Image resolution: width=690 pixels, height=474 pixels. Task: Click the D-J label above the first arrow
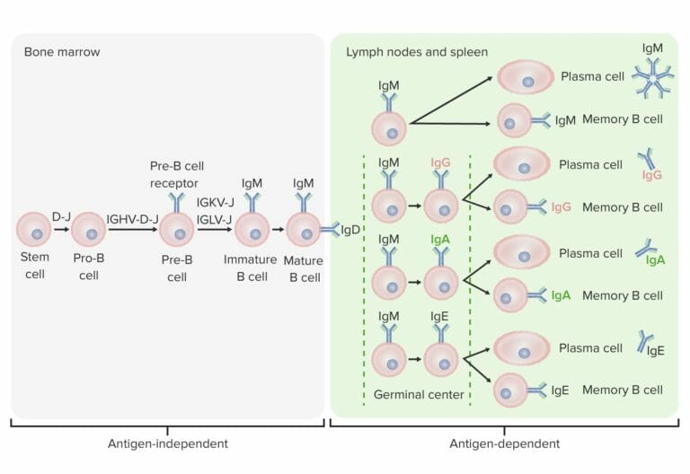tap(61, 216)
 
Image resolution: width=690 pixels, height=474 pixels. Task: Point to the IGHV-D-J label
tap(132, 217)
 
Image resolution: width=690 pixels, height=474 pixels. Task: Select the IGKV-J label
tap(216, 203)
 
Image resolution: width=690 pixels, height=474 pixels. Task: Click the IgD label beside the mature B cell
tap(350, 231)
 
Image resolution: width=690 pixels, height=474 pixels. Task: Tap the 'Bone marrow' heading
tap(61, 52)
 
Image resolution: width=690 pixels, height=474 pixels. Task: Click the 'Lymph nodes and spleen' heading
tap(417, 52)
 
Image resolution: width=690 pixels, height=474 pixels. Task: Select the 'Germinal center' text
tap(417, 394)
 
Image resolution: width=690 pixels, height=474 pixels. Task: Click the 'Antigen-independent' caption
tap(166, 443)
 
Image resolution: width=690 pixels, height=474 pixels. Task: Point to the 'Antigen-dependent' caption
tap(505, 443)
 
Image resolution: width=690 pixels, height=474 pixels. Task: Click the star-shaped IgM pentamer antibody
tap(653, 80)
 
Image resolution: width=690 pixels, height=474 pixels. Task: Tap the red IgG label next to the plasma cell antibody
tap(652, 175)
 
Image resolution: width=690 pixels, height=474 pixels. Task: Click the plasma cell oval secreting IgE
tap(522, 348)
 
